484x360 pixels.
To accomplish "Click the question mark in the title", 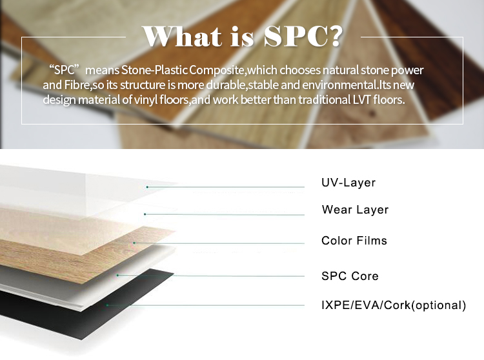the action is click(334, 35).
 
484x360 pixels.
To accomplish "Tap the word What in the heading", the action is click(183, 36).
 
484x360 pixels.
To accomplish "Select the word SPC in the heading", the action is click(294, 36).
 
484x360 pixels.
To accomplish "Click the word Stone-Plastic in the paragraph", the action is click(154, 70).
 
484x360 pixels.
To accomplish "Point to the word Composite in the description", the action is click(217, 70).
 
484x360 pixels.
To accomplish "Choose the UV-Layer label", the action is click(348, 183).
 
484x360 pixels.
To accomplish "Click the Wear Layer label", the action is click(355, 210).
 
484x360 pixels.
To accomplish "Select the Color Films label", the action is click(354, 241).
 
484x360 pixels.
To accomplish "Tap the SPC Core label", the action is click(350, 276).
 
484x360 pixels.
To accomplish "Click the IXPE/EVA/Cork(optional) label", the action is click(394, 305).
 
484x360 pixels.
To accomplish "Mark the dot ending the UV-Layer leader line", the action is click(147, 187).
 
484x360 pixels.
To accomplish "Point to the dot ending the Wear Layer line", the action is click(145, 214).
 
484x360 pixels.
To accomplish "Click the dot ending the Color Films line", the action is click(134, 243).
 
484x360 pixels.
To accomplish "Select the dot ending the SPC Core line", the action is click(117, 275).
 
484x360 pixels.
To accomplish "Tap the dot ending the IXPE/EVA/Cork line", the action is click(107, 305).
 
